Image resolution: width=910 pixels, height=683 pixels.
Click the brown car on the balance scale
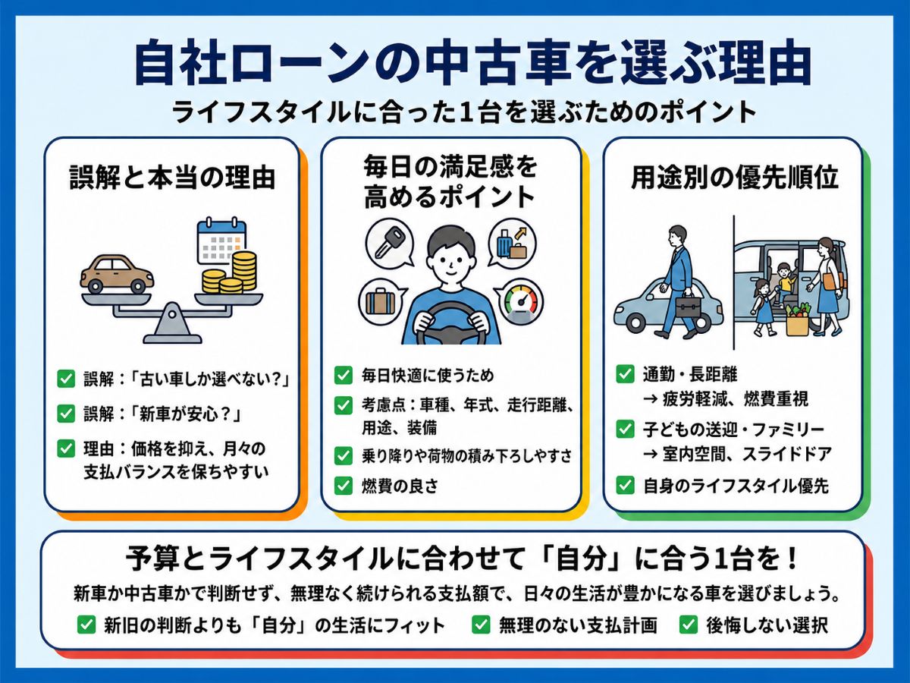pos(118,274)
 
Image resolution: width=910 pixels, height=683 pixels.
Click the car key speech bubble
pos(390,242)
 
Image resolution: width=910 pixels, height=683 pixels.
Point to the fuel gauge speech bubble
pos(519,302)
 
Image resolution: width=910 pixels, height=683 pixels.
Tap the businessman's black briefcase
pos(689,307)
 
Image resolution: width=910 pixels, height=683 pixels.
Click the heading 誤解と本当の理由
pos(172,178)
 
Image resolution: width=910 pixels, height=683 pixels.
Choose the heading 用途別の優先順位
pos(734,178)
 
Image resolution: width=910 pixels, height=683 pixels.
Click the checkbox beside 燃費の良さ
pos(343,485)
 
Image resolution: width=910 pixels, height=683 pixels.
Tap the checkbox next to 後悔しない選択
pos(689,625)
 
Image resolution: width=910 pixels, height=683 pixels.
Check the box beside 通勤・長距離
pos(625,374)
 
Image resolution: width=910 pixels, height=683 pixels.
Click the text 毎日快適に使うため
pos(428,376)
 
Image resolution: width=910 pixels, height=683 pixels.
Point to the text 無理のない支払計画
pos(578,625)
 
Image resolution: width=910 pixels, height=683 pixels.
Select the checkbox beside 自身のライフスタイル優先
pos(625,486)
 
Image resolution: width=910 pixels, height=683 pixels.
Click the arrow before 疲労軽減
pos(651,399)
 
